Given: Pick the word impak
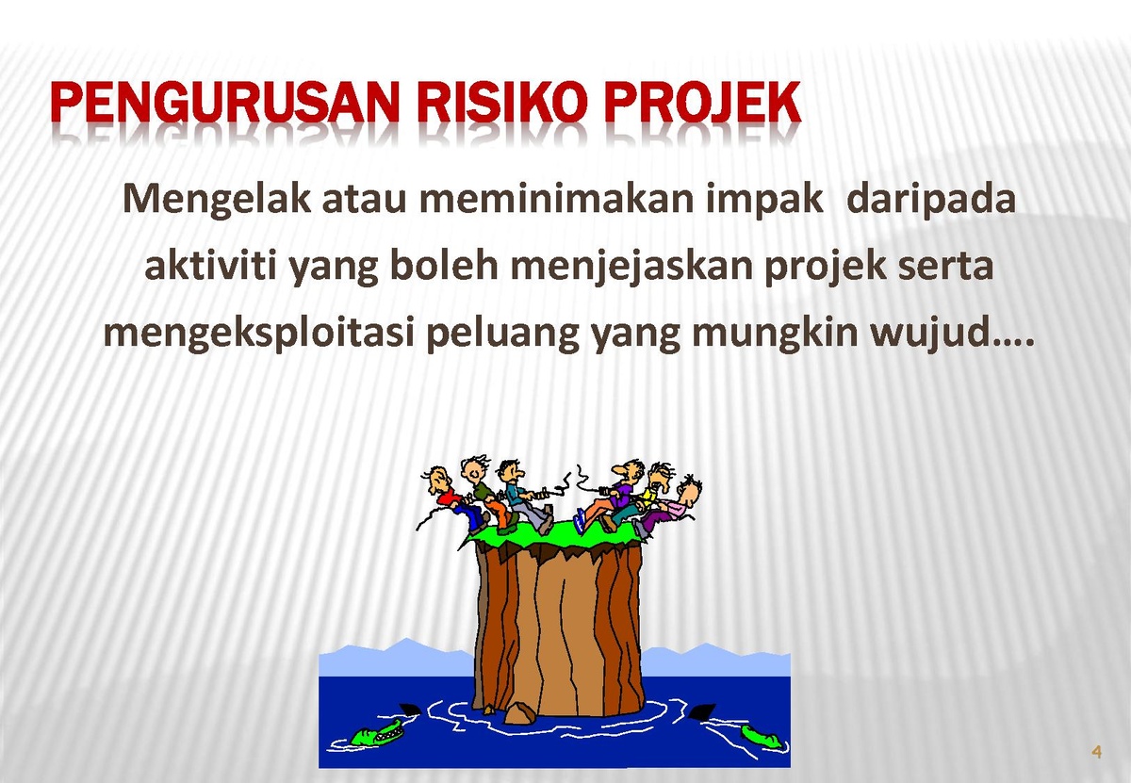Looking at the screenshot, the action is [764, 201].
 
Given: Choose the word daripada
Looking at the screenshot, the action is [930, 201].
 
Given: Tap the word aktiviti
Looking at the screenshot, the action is [210, 266].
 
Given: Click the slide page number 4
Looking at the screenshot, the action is [1096, 752].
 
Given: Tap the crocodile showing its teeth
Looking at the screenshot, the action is [378, 732].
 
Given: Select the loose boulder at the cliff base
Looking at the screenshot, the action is [519, 713].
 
